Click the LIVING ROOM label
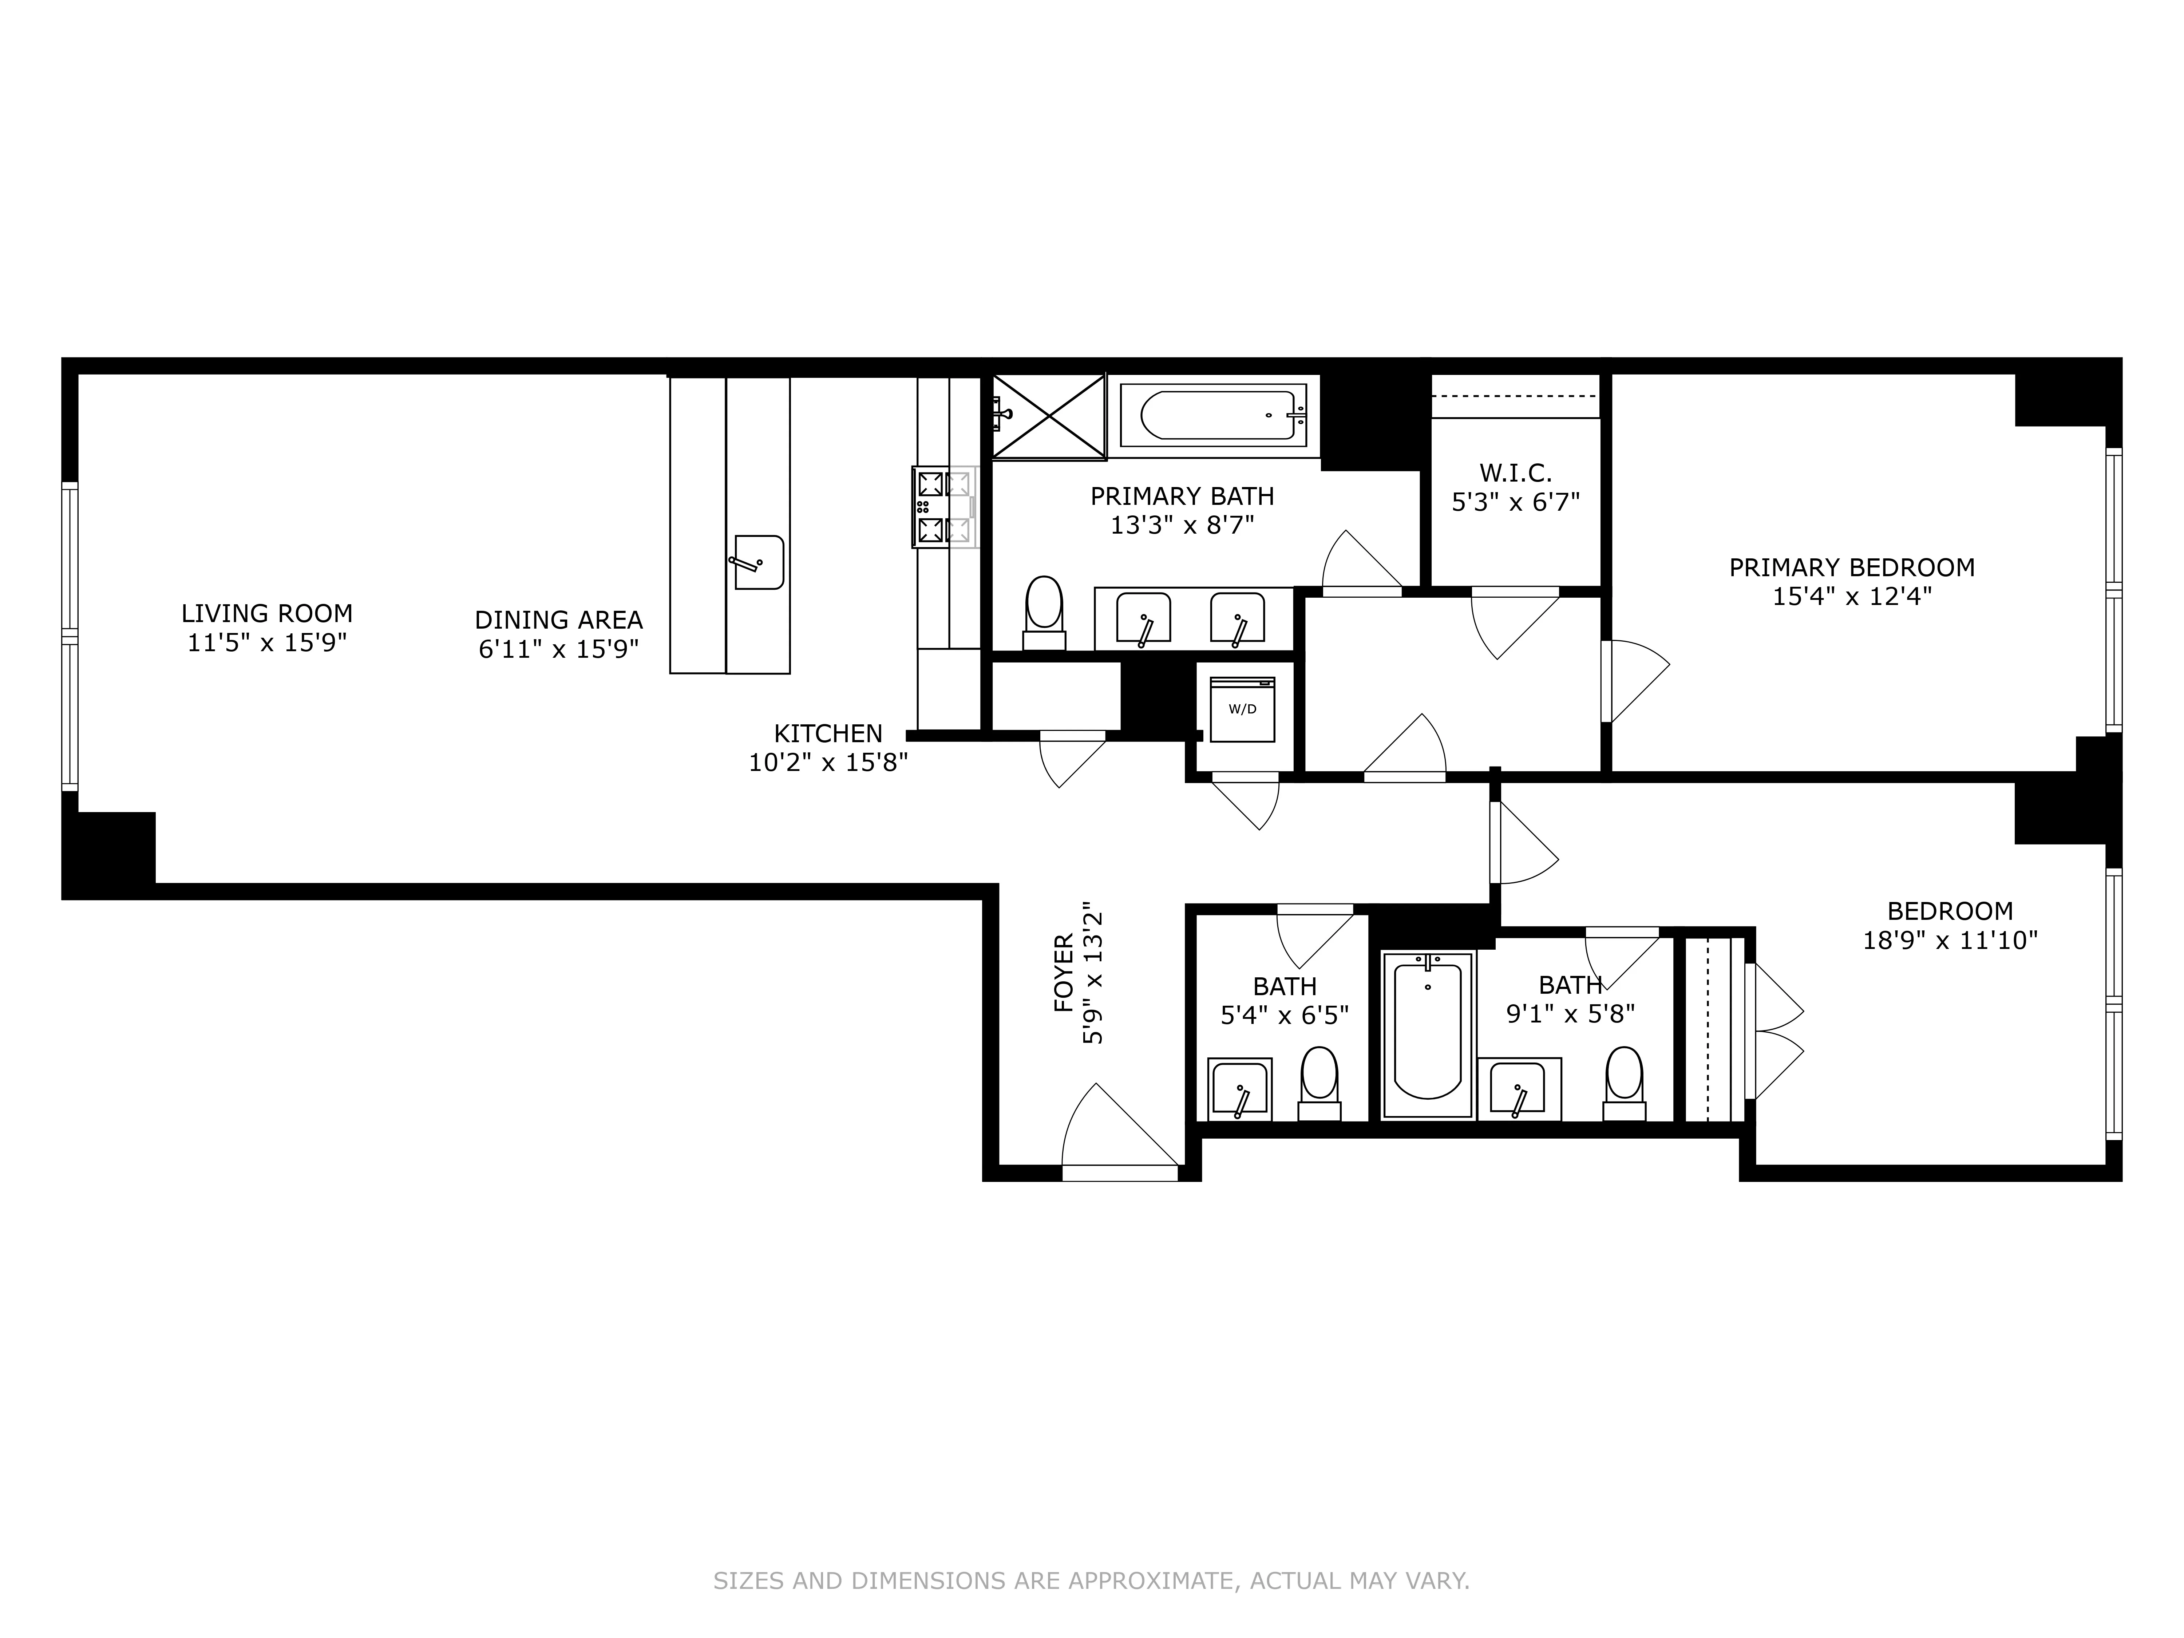[x=266, y=613]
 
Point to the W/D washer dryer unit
[x=1242, y=709]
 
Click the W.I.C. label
[x=1515, y=473]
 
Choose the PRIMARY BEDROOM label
[x=1851, y=568]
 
